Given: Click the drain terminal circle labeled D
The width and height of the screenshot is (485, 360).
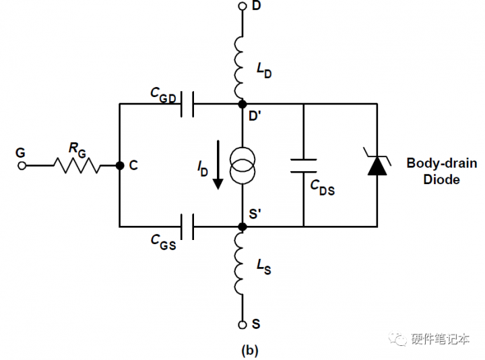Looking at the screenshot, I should pos(243,7).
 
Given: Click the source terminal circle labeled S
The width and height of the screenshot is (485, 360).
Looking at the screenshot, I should pos(243,324).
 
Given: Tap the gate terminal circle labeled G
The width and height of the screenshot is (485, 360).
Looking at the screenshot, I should pos(22,165).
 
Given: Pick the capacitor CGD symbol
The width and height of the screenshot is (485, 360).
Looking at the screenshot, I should pos(187,104).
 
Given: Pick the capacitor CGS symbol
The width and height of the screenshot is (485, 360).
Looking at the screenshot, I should pos(187,226).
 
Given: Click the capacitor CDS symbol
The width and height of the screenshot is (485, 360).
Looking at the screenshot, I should pos(303,165).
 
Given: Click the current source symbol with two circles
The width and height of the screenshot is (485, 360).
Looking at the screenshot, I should pos(243,165).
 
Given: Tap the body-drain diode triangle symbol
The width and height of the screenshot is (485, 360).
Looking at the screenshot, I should pos(376,165).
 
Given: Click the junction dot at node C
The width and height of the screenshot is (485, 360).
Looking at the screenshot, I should pos(119,165).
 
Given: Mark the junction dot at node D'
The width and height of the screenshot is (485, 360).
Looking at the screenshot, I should pos(243,104).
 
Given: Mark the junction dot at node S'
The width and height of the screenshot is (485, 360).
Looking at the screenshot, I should pos(243,226).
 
